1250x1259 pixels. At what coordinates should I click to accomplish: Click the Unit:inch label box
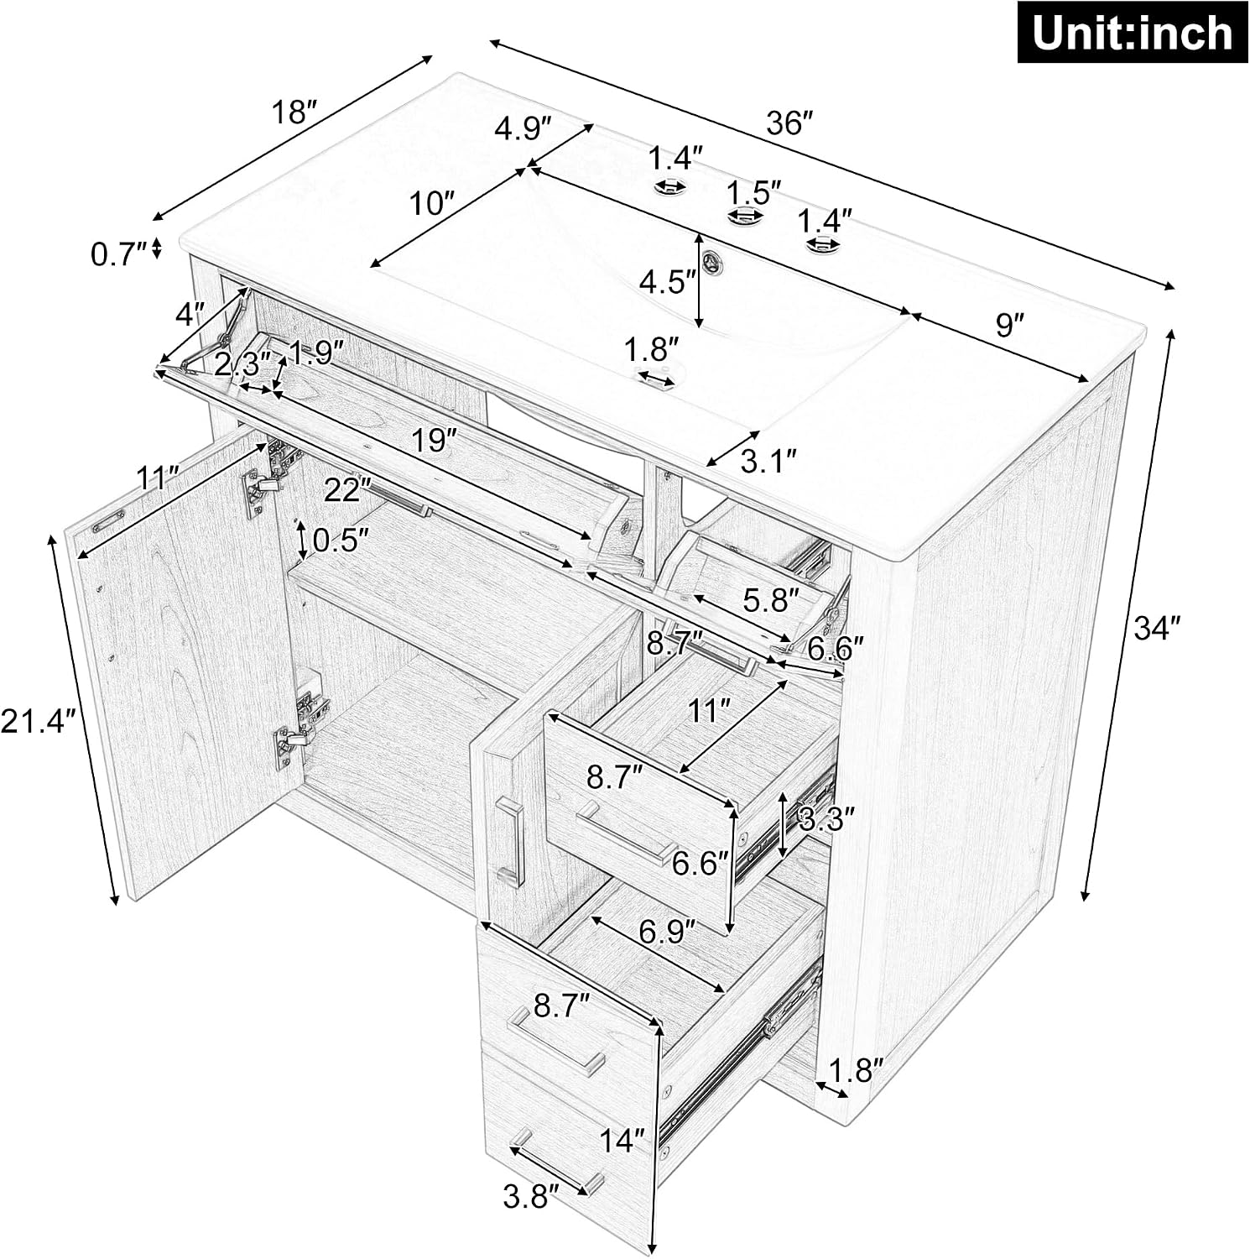[x=1132, y=34]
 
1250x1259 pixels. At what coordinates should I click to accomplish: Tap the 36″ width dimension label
[x=790, y=123]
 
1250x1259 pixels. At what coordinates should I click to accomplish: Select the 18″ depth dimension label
[x=294, y=112]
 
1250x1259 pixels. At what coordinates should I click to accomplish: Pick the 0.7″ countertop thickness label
[x=119, y=253]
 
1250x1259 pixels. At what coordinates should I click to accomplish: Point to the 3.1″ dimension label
[x=767, y=460]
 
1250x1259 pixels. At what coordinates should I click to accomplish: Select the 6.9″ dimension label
[x=668, y=930]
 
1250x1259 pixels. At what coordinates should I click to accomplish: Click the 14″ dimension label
[x=622, y=1141]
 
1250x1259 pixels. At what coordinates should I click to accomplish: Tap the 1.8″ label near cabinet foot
[x=856, y=1070]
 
